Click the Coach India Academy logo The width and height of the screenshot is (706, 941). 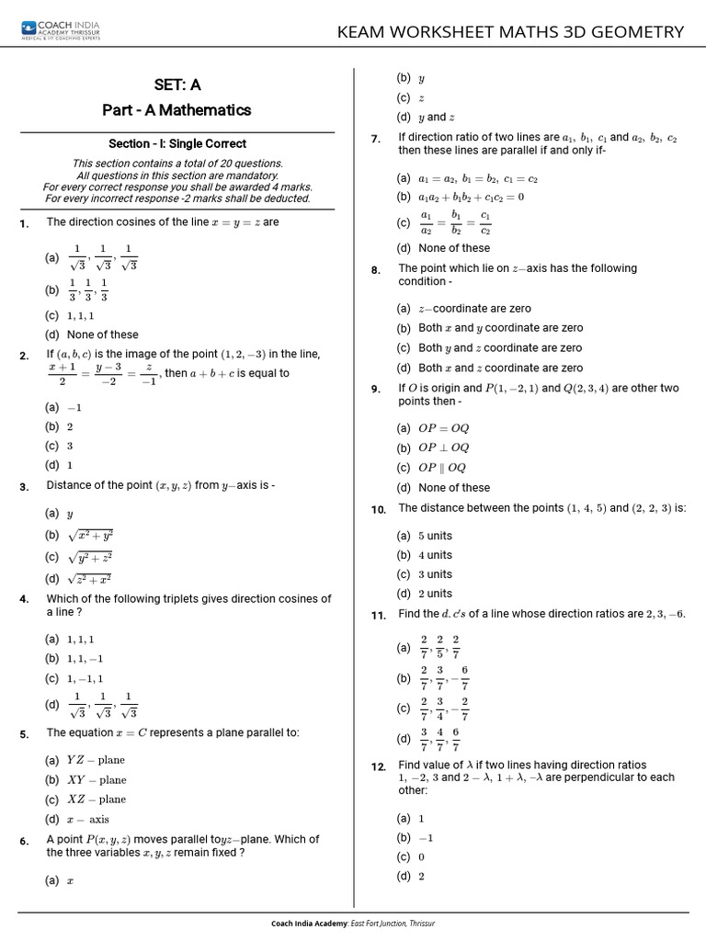[x=63, y=32]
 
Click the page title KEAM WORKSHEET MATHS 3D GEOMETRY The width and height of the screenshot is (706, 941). [x=510, y=32]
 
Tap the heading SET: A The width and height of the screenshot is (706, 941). [x=176, y=85]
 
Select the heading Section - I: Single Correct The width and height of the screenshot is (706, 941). [x=176, y=143]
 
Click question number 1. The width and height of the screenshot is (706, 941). [x=25, y=223]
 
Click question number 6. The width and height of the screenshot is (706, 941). [x=25, y=841]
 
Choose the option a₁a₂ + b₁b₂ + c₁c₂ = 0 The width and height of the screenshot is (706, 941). [x=461, y=197]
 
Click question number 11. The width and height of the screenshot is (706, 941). [x=378, y=616]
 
